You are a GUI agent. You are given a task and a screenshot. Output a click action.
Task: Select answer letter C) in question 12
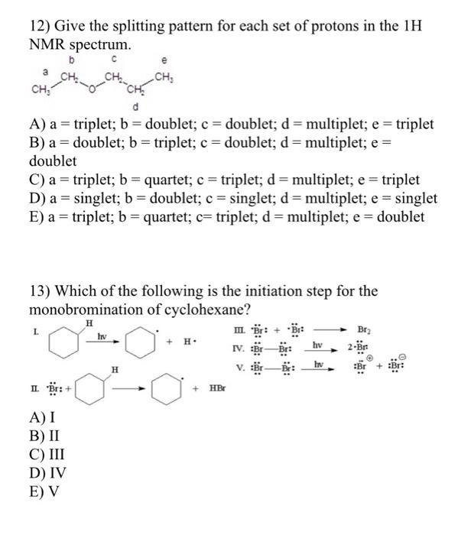(x=39, y=180)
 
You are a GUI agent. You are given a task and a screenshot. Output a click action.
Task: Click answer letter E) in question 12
(x=38, y=217)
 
